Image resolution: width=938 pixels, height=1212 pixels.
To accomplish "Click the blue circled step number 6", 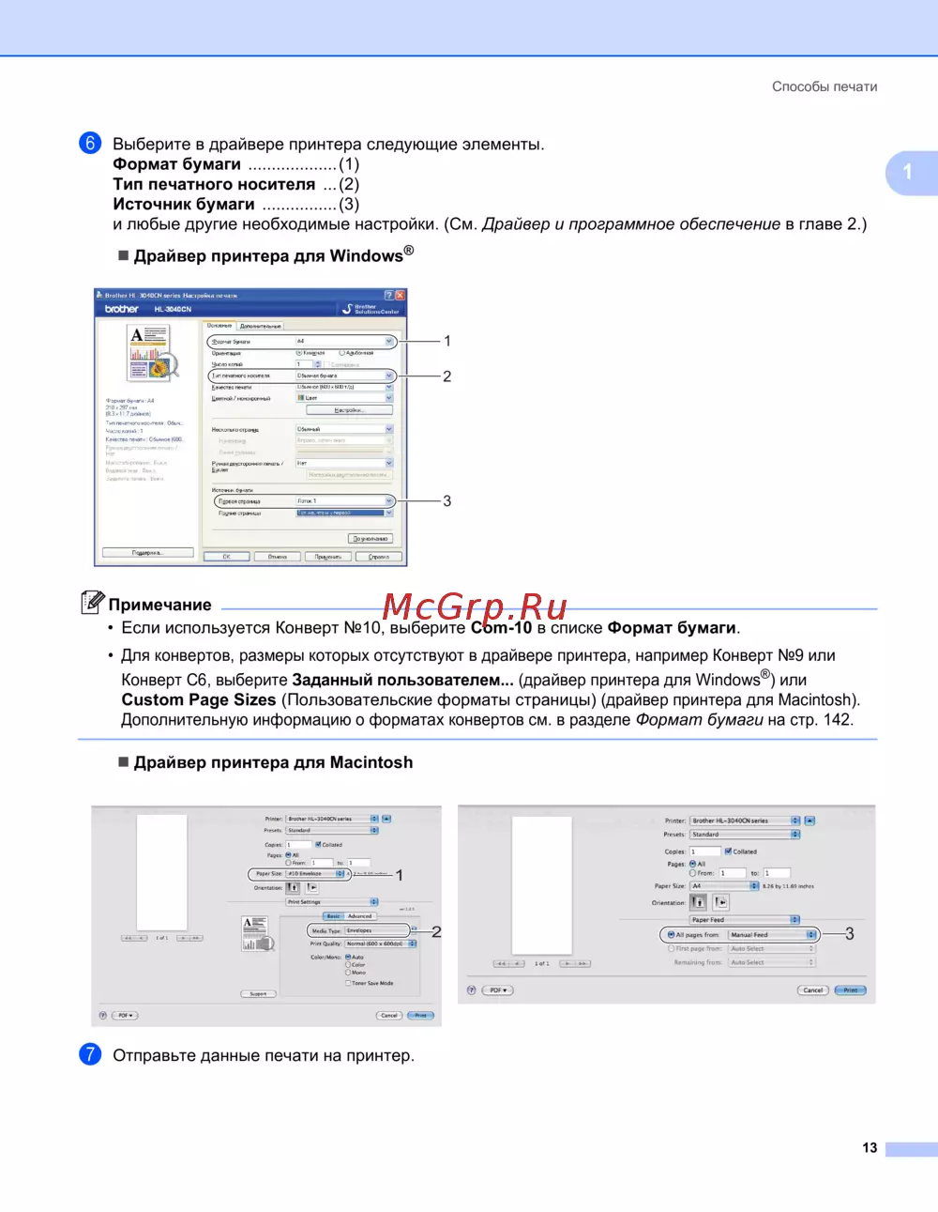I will (x=90, y=143).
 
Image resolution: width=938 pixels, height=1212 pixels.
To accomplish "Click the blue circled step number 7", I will (x=90, y=1054).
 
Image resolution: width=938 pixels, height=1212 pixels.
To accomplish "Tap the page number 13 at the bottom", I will (x=870, y=1147).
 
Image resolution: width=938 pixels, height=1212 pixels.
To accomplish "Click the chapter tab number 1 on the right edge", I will (x=907, y=172).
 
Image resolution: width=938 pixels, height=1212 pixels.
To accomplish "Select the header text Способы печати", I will (x=825, y=86).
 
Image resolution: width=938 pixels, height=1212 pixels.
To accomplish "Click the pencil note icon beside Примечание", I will (x=92, y=602).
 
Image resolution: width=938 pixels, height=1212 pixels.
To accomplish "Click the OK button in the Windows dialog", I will (x=226, y=557).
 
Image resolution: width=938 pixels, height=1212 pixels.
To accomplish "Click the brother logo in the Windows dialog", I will (x=121, y=309).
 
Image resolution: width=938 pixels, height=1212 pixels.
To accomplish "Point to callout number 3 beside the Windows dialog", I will (x=447, y=501).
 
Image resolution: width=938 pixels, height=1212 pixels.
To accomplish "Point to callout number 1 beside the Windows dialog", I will (x=447, y=341).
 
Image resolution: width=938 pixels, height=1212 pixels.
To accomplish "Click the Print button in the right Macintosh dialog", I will (x=850, y=990).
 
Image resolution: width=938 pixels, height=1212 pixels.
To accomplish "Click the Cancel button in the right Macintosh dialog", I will (x=812, y=990).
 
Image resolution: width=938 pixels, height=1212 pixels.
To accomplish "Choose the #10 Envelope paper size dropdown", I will (x=315, y=874).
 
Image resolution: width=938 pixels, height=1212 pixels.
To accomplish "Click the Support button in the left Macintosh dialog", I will (x=258, y=993).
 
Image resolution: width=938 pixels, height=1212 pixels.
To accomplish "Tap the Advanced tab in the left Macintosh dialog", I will (x=360, y=916).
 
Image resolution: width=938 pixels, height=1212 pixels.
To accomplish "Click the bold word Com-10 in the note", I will (x=501, y=628).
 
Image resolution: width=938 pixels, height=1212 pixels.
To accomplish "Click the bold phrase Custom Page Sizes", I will (x=199, y=700).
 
